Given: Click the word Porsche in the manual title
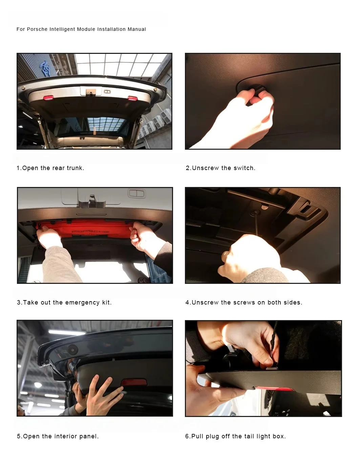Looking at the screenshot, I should (x=37, y=29).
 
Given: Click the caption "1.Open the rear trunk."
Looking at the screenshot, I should (x=50, y=168).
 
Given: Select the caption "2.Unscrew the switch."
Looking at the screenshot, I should (x=220, y=168).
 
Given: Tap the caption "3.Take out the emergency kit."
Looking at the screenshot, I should (x=64, y=302).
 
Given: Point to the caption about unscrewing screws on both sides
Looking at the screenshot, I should (x=244, y=302).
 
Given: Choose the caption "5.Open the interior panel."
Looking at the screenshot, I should (x=58, y=436).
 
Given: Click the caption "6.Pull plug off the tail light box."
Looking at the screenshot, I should (x=235, y=436).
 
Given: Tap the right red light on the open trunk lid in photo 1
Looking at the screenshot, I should (x=132, y=98).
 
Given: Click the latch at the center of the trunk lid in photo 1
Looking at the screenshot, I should (x=90, y=91).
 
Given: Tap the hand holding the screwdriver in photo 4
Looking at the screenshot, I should (x=240, y=254).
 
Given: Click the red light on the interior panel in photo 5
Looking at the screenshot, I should (x=134, y=382).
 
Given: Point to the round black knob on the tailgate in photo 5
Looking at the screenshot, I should (x=72, y=350).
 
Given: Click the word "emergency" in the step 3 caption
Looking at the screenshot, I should (x=82, y=302).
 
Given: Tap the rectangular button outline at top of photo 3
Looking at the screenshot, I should (x=136, y=194).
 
